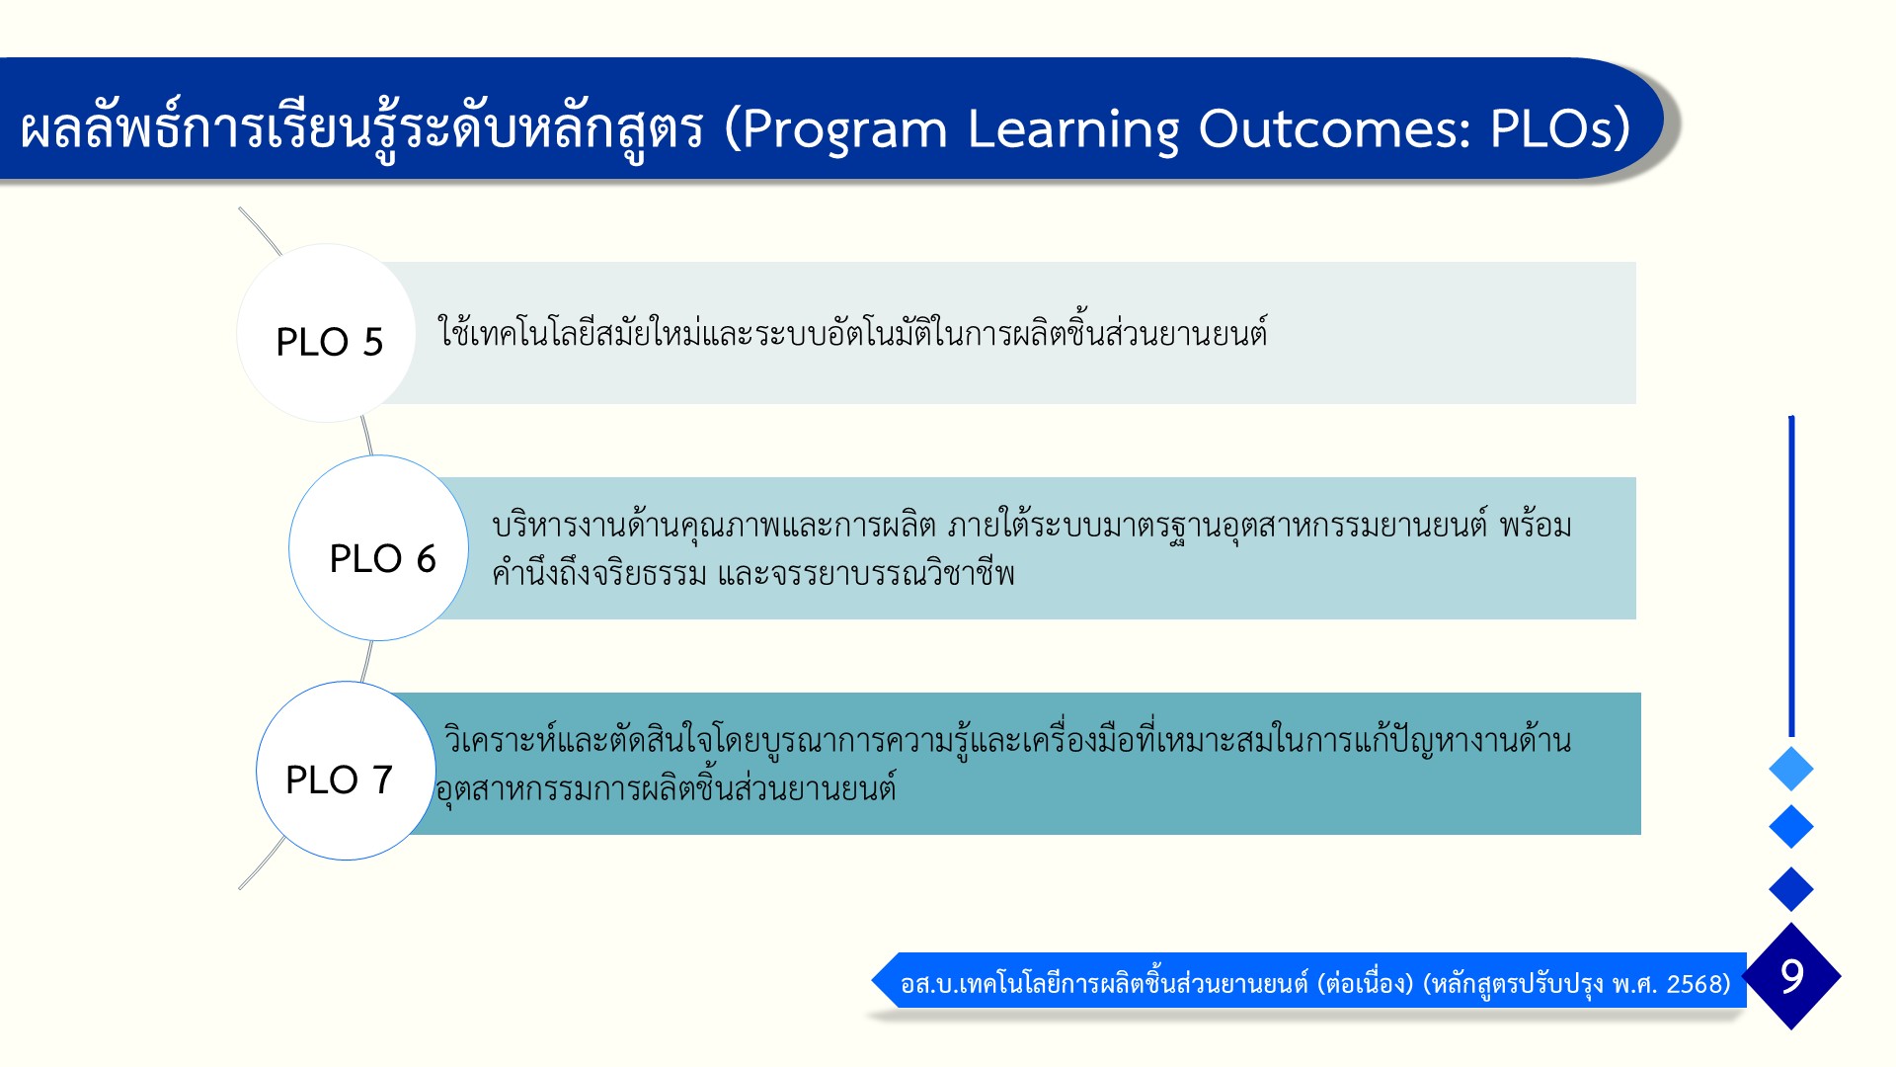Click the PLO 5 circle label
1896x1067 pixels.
tap(329, 342)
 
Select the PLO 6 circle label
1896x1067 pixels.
tap(382, 559)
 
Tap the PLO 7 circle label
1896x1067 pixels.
tap(339, 780)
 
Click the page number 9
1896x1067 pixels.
tap(1792, 976)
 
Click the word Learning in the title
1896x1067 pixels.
tap(1072, 129)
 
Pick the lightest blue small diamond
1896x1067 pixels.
tap(1791, 769)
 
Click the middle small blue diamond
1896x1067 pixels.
tap(1791, 827)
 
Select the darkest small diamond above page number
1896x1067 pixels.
tap(1791, 889)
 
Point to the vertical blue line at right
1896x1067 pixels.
tap(1791, 576)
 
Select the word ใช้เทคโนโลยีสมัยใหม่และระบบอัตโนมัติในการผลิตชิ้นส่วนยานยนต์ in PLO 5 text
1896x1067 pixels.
tap(852, 333)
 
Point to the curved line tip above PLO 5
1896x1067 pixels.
tap(240, 208)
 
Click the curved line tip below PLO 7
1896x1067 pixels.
tap(240, 888)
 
